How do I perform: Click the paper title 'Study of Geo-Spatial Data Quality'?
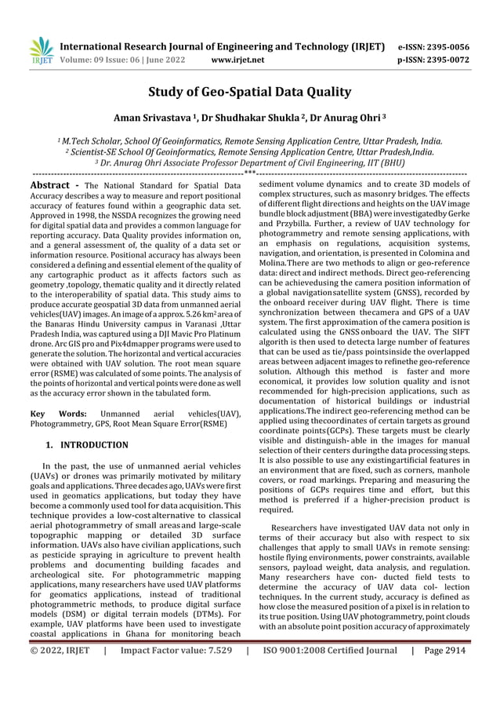point(250,92)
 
